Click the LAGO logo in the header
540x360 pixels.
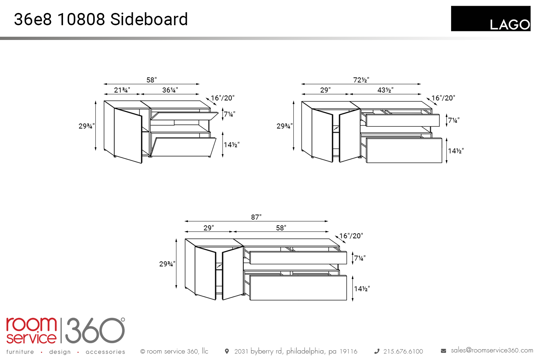pos(491,19)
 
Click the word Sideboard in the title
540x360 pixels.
pos(149,19)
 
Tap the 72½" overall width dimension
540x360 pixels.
pos(361,80)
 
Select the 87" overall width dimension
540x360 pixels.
pos(256,217)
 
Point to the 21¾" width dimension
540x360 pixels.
pos(122,90)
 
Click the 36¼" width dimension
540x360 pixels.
pos(170,90)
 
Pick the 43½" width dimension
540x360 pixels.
pos(385,90)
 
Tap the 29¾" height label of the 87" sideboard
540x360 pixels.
pos(167,264)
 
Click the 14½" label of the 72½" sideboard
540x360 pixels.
pos(456,151)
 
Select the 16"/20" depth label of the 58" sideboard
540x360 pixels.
pos(222,98)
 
